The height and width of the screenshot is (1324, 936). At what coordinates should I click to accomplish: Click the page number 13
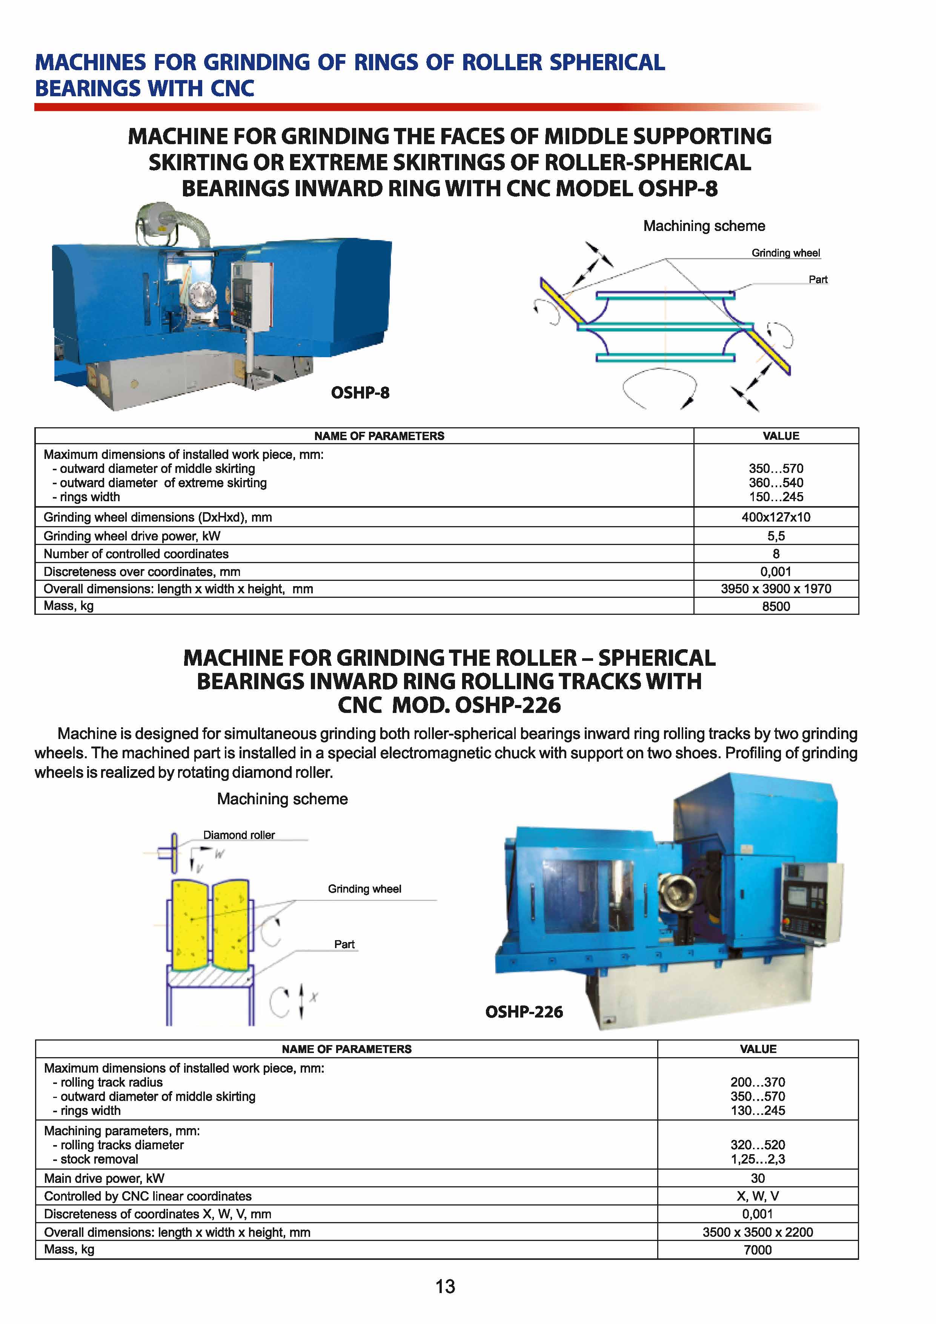coord(445,1287)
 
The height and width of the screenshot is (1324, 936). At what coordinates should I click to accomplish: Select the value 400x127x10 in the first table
coord(776,517)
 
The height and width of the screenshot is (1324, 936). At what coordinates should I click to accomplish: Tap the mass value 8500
coord(776,606)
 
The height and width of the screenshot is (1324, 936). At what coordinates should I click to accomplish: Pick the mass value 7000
coord(757,1250)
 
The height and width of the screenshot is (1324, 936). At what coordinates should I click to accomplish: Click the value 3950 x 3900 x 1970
coord(776,589)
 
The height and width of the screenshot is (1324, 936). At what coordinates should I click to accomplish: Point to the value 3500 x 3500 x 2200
coord(757,1232)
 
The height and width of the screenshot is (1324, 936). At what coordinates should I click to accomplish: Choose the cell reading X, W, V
coord(757,1196)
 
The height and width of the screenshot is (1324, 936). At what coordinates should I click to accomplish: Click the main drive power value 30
coord(757,1178)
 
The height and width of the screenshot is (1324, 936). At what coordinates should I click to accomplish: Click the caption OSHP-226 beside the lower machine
coord(524,1012)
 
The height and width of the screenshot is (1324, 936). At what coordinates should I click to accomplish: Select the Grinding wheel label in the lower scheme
coord(364,889)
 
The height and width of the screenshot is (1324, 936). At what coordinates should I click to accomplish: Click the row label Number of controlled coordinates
coord(136,554)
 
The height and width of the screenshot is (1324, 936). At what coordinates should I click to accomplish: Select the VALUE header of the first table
coord(781,436)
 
